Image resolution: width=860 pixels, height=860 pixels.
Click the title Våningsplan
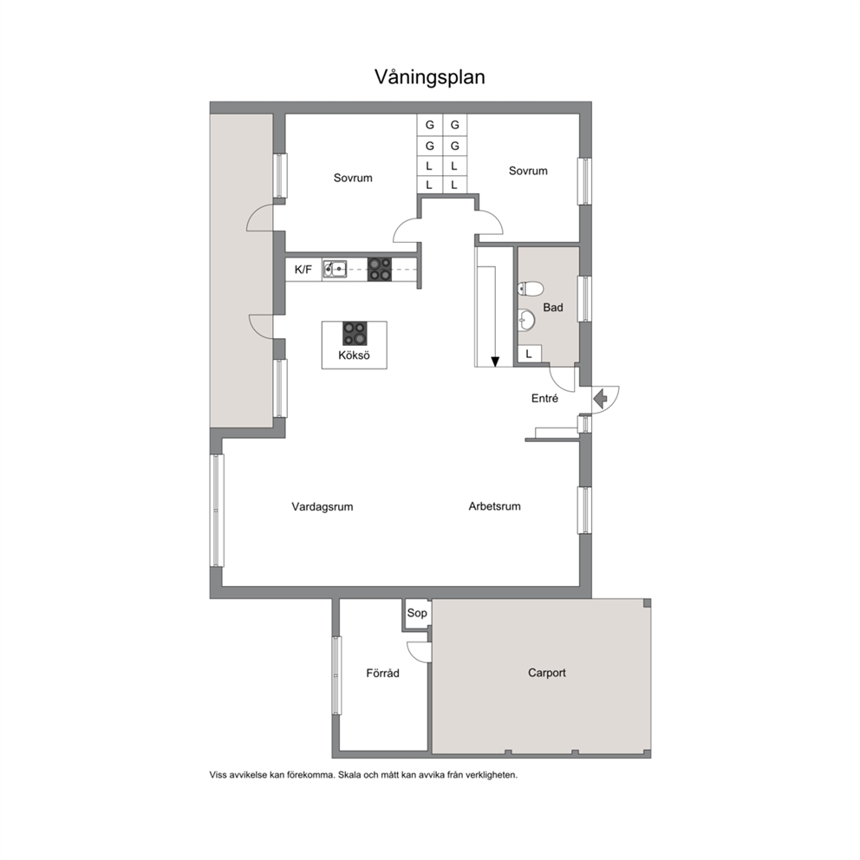click(x=429, y=77)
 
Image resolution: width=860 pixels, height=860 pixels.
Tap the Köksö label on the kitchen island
click(x=354, y=355)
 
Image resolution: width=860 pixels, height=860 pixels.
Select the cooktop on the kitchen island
click(x=355, y=333)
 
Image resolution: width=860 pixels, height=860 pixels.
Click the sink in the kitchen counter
click(x=335, y=269)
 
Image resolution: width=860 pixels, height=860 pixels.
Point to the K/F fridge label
click(x=303, y=270)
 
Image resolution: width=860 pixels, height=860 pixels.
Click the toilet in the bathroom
click(x=530, y=288)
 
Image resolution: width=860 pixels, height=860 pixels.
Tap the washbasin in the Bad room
click(x=526, y=320)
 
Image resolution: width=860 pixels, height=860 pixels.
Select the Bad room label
click(x=553, y=307)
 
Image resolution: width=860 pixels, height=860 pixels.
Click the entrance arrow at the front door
click(x=601, y=398)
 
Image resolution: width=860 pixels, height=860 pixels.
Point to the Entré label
click(x=544, y=399)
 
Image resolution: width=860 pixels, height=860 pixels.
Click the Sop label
click(x=417, y=613)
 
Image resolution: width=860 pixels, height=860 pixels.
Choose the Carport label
click(x=547, y=673)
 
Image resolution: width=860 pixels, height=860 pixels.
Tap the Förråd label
click(x=383, y=673)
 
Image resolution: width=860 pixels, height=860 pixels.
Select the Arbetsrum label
click(x=495, y=506)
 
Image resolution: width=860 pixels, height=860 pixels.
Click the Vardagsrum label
click(x=322, y=507)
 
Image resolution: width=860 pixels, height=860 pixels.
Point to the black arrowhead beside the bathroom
click(x=495, y=362)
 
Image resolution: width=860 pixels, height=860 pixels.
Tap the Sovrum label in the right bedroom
click(x=528, y=171)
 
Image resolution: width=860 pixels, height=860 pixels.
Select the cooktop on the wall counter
click(x=380, y=270)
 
